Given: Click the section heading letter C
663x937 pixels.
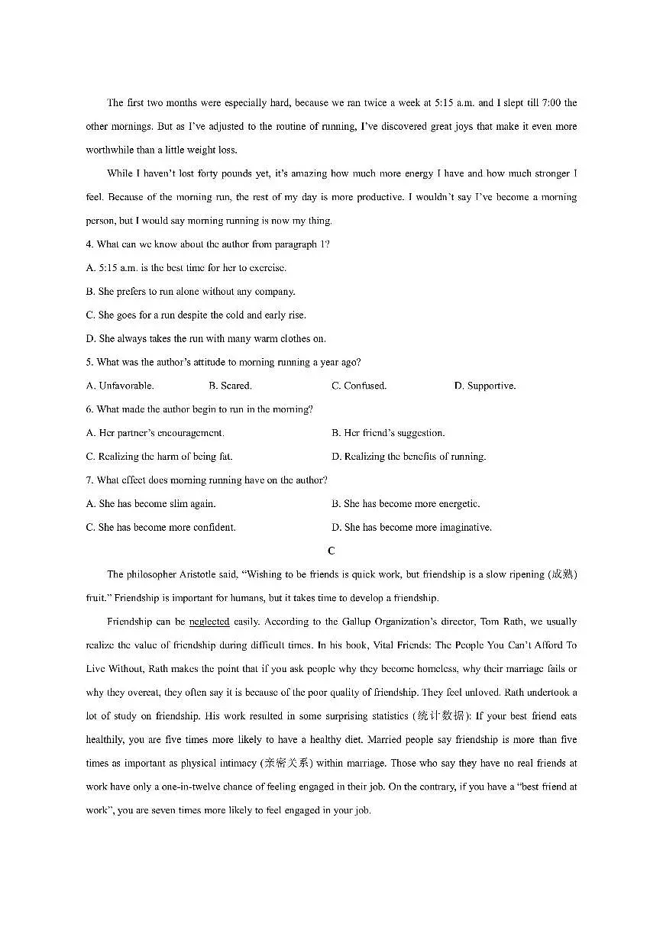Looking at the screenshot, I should coord(331,551).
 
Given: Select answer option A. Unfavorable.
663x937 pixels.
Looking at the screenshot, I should coord(121,386).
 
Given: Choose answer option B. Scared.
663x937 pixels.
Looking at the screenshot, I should coord(230,386).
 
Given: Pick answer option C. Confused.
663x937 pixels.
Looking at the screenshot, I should coord(359,386).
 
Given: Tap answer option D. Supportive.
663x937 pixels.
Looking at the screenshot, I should coord(485,386).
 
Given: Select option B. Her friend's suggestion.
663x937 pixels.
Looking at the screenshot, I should coord(388,433).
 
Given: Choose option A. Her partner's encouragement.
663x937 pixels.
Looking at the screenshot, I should coord(156,433).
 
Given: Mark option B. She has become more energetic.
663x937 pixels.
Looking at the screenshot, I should coord(406,504).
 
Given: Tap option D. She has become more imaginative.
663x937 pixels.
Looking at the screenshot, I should coord(412,528).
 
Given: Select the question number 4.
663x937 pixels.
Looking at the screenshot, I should coord(89,244).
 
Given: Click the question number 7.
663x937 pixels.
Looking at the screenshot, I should coord(89,480).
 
